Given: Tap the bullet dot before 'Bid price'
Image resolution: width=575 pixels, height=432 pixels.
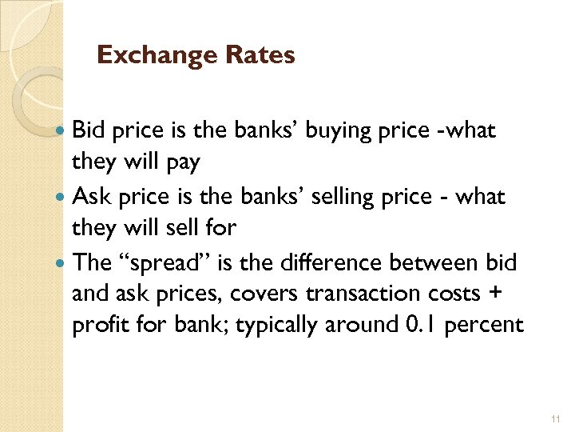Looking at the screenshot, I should pos(62,131).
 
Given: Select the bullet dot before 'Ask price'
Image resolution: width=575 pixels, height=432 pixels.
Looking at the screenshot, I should pos(62,197).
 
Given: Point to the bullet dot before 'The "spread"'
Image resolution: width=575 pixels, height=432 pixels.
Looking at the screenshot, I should pos(62,262).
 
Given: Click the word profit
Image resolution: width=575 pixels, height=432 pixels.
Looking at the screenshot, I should pos(97,327).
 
